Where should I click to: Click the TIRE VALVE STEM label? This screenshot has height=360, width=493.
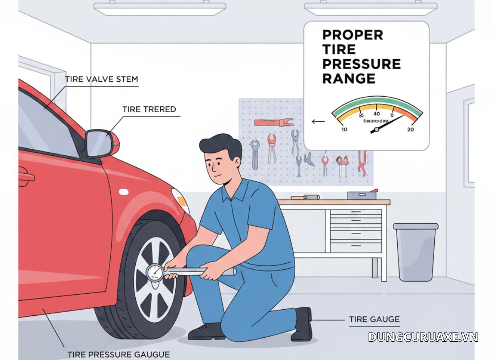point(101,79)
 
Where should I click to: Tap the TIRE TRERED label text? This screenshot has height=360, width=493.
point(149,109)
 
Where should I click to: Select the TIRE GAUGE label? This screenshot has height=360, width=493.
point(374,320)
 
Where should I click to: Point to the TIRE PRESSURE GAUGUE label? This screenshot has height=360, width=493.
point(118,355)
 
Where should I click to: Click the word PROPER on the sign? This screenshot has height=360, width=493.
point(352,35)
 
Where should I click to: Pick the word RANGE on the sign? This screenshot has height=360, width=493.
point(349,78)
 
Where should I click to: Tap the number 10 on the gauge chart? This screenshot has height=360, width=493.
point(344,130)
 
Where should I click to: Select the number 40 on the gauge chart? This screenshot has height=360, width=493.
point(376,114)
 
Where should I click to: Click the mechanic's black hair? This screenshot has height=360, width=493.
point(219,144)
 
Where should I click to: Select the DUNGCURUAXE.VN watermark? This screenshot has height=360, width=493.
point(423,337)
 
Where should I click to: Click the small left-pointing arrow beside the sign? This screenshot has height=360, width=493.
point(318,122)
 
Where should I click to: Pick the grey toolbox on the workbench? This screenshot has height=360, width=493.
point(361,195)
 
